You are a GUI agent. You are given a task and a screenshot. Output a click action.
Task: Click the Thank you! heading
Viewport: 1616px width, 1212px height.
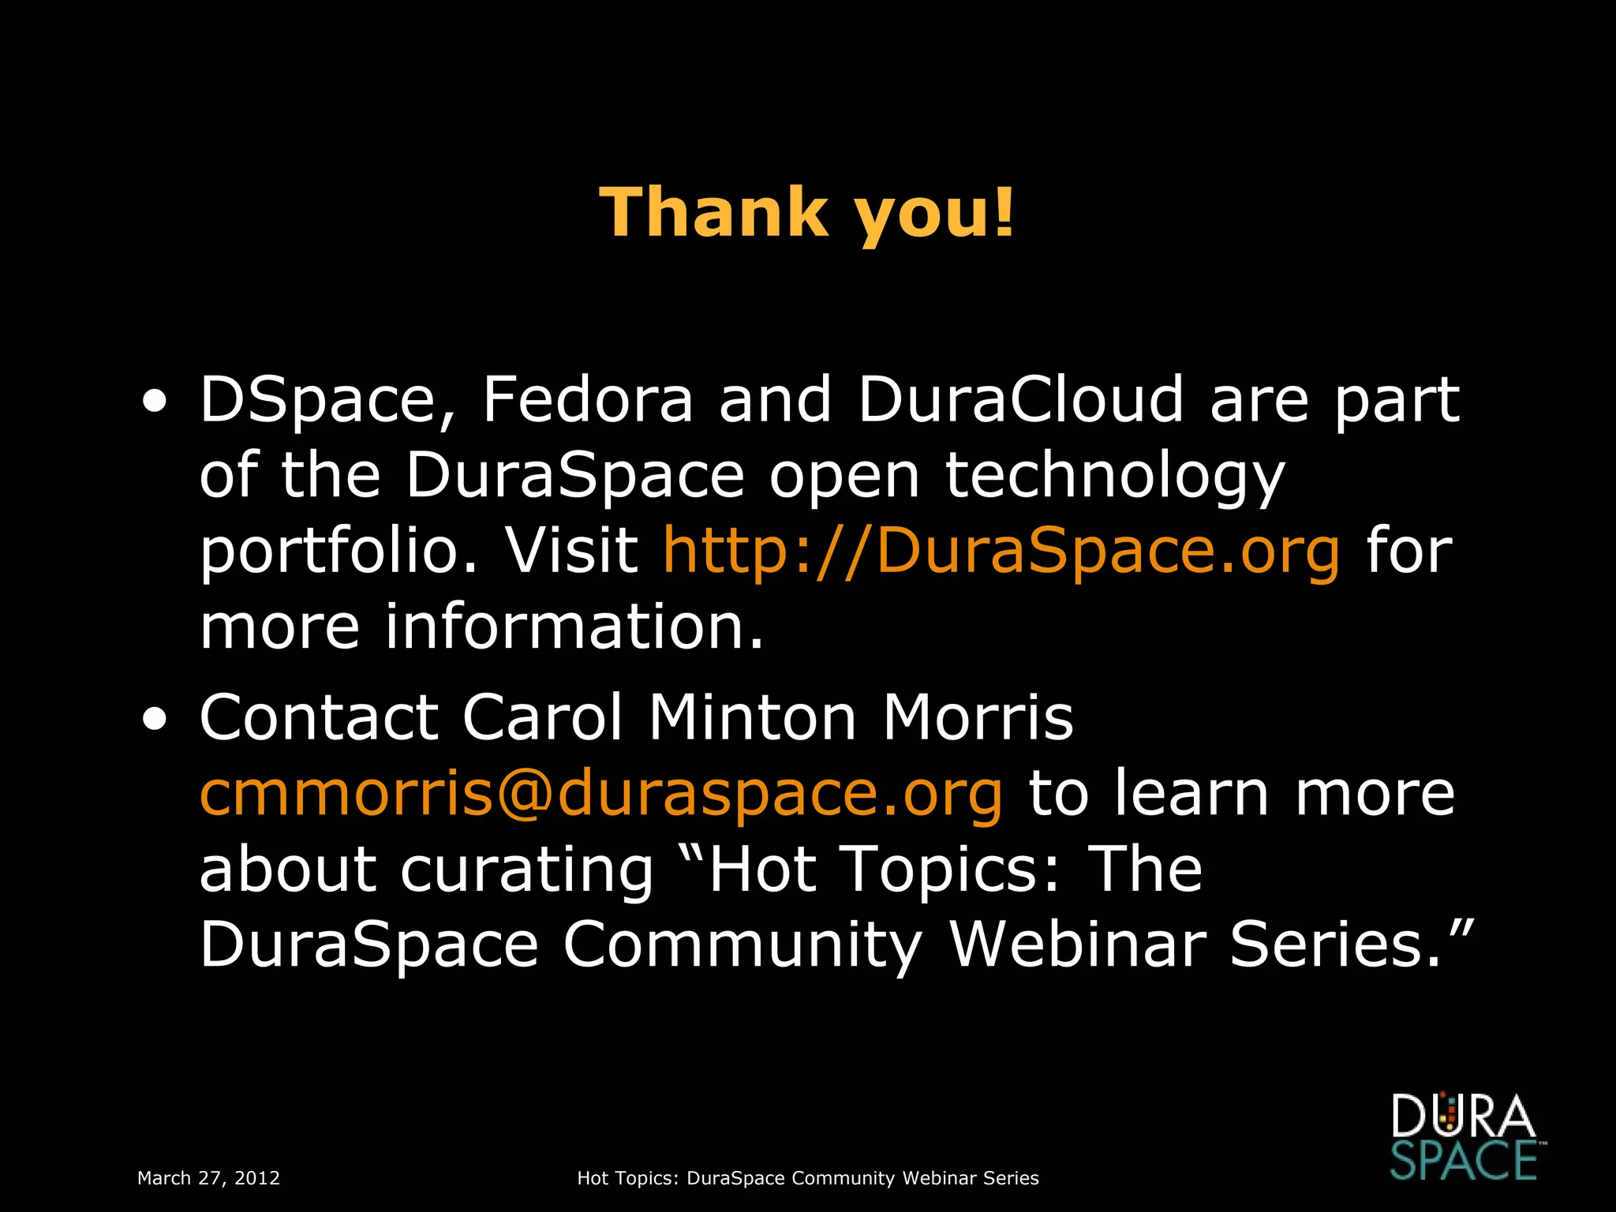(807, 212)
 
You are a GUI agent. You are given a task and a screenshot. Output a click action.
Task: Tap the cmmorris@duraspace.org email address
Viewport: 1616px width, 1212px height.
(601, 793)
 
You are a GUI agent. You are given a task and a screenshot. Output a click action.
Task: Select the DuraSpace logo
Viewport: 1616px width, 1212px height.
(1464, 1136)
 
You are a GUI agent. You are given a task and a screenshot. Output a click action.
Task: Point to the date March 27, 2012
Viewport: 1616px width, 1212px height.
(208, 1178)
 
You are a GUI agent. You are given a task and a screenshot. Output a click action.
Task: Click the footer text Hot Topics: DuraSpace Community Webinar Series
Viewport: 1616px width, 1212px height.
(807, 1178)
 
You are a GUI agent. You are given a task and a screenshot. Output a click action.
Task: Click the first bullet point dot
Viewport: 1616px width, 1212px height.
(155, 403)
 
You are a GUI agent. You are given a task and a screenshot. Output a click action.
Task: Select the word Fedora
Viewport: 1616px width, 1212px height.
(587, 399)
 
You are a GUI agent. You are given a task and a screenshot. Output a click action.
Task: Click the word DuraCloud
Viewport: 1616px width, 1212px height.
(1020, 399)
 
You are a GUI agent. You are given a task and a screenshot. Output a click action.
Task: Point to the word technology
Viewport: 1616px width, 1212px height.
(1115, 477)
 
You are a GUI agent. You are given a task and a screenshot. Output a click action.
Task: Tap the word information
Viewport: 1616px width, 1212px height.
(574, 627)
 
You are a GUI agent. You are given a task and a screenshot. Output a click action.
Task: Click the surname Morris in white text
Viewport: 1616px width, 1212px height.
(978, 717)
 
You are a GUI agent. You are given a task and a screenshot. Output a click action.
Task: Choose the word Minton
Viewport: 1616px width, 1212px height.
(752, 717)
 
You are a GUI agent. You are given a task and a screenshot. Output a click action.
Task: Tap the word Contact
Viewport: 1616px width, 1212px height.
(319, 717)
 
